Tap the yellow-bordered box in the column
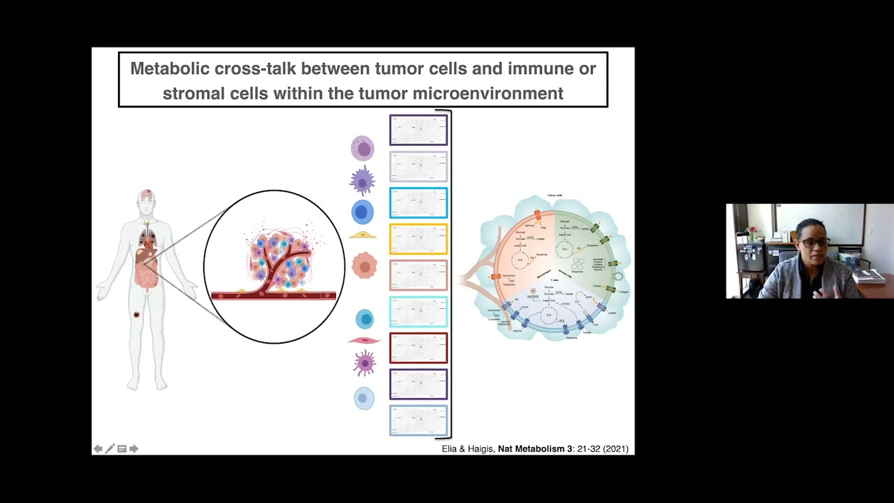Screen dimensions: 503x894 [418, 240]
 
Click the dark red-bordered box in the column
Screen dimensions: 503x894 [418, 348]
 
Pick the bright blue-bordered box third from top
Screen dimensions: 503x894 [418, 203]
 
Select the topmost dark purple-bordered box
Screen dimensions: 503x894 [418, 131]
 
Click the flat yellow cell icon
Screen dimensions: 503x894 [362, 235]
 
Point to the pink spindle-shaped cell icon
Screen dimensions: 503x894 [364, 341]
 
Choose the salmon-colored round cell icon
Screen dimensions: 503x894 [364, 266]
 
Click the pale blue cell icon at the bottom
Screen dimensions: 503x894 [364, 398]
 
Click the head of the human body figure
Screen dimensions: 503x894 [146, 200]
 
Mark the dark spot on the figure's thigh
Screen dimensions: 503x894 [137, 314]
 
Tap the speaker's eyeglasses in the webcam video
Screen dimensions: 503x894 [814, 242]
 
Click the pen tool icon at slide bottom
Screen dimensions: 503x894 [110, 449]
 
